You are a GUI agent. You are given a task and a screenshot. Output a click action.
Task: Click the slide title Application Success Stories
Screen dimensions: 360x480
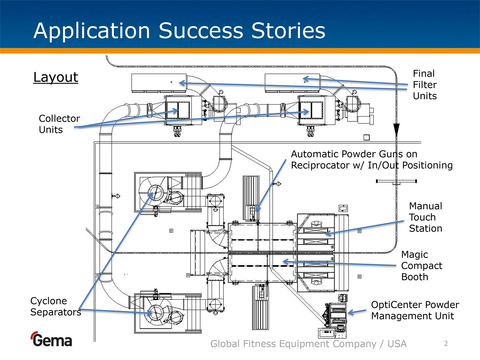[179, 31]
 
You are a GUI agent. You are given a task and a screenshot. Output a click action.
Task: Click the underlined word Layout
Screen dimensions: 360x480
[56, 77]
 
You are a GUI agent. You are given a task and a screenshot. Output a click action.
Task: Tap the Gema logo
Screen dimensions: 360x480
[51, 339]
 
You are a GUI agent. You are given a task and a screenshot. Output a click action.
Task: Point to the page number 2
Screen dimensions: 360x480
[446, 344]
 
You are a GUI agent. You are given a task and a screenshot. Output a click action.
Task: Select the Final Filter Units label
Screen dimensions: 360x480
[424, 85]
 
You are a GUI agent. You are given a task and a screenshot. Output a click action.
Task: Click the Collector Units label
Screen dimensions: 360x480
[59, 124]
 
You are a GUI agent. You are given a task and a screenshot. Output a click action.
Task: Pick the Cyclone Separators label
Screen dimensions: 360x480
[56, 307]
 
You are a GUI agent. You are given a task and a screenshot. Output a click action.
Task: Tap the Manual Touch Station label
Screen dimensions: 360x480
[425, 217]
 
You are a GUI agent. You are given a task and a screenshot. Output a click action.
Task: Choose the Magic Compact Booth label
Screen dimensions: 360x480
[421, 266]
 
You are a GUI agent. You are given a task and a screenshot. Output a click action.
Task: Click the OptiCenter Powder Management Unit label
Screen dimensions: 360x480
[415, 310]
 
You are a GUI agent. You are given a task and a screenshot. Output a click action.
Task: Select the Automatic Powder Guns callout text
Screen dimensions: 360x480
[371, 160]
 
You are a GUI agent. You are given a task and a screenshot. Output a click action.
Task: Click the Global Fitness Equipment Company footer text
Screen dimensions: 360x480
[308, 344]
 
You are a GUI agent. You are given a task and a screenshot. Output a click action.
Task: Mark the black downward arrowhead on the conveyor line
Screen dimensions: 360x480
[396, 130]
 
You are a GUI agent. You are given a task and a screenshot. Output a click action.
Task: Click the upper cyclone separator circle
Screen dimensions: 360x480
[156, 193]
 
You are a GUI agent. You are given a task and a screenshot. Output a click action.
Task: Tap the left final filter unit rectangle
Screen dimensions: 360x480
[159, 82]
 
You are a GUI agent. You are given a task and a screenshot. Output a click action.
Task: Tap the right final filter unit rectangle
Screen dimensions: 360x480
[292, 82]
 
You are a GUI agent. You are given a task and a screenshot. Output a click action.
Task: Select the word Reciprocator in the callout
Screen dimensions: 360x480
[327, 166]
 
